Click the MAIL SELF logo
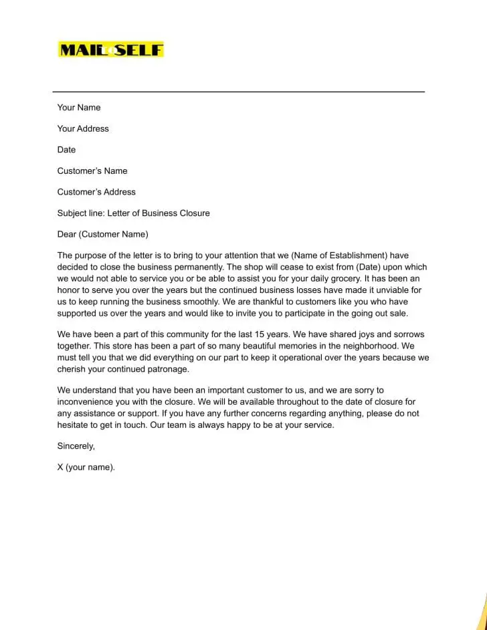[111, 49]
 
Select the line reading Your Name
[79, 108]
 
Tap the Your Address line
[83, 128]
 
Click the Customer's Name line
[92, 171]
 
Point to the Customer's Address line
[96, 192]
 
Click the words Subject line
[80, 213]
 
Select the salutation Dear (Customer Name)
[102, 234]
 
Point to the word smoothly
[193, 302]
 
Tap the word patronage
[167, 369]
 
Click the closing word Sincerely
[76, 446]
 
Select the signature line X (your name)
[86, 467]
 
